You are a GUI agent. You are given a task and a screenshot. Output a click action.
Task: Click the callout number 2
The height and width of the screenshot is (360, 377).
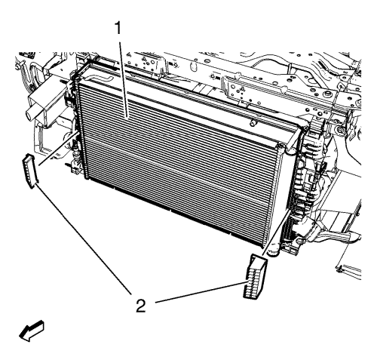click(x=141, y=306)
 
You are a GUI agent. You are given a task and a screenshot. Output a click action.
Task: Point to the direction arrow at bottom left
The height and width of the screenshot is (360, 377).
click(x=32, y=331)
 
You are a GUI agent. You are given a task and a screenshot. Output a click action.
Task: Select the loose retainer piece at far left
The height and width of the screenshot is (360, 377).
click(x=31, y=171)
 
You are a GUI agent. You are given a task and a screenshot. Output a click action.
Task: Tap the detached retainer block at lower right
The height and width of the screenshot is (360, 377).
click(x=255, y=277)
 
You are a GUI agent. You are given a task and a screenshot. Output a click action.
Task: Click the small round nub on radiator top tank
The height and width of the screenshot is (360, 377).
click(x=253, y=123)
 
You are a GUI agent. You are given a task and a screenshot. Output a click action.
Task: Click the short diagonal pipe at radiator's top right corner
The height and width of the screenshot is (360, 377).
click(x=294, y=139)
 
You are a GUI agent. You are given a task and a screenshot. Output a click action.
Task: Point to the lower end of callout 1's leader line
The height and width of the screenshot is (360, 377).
click(x=127, y=117)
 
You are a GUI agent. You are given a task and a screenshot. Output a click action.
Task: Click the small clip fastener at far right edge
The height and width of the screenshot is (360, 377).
click(x=339, y=269)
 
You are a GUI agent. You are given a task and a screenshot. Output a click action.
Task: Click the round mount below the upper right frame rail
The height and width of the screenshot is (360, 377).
click(x=340, y=130)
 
